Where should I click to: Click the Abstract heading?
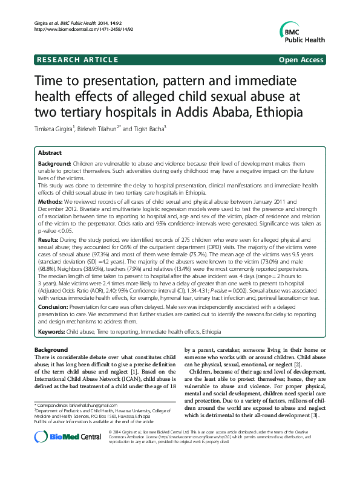click(50, 153)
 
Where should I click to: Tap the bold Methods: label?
click(51, 199)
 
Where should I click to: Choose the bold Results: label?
click(50, 241)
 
